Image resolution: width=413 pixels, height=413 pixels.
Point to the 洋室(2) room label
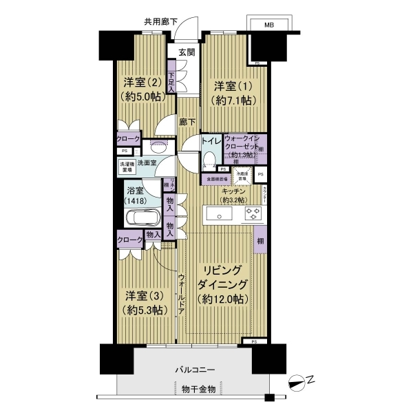click(143, 89)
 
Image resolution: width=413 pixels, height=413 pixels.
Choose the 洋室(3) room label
click(145, 303)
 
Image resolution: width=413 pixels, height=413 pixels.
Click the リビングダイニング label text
click(222, 284)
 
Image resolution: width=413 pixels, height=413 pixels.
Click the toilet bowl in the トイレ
click(209, 159)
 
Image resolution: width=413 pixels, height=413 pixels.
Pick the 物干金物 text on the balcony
click(198, 390)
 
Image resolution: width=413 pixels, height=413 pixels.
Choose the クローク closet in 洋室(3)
click(130, 240)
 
